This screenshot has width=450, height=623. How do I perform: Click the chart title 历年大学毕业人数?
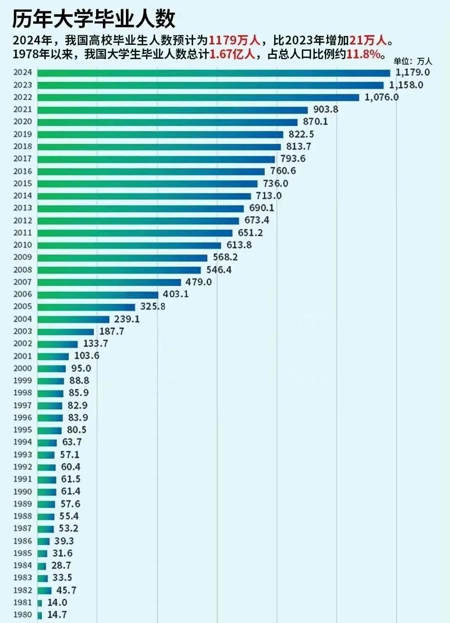point(93,18)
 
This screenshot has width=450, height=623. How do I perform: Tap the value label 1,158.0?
point(406,85)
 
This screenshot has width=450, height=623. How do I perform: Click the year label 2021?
point(23,109)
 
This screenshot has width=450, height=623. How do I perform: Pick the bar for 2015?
point(147,184)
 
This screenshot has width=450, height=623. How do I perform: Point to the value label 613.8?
point(239,245)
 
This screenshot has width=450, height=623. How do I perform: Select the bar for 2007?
point(109,282)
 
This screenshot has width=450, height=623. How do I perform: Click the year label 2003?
point(23,331)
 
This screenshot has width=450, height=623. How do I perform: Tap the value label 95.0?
point(81,368)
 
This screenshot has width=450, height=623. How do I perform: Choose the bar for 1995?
point(50,430)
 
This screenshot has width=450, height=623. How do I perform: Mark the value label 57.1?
point(69,454)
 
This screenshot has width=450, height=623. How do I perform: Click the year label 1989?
point(23,504)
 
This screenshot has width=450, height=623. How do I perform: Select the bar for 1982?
point(44,590)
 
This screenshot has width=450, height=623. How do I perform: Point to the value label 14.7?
point(57,615)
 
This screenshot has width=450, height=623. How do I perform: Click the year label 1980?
point(23,615)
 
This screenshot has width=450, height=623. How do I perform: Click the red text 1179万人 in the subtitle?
point(234,40)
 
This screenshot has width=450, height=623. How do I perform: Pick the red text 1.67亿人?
point(232,54)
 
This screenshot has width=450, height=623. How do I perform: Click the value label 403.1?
point(175,294)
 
